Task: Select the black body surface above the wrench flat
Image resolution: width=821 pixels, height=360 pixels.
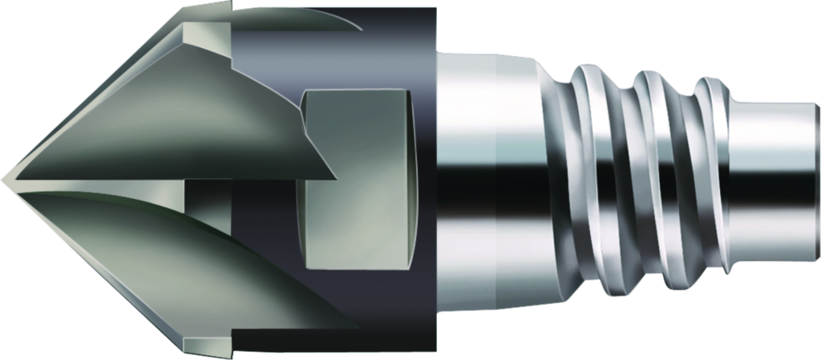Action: (361, 48)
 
